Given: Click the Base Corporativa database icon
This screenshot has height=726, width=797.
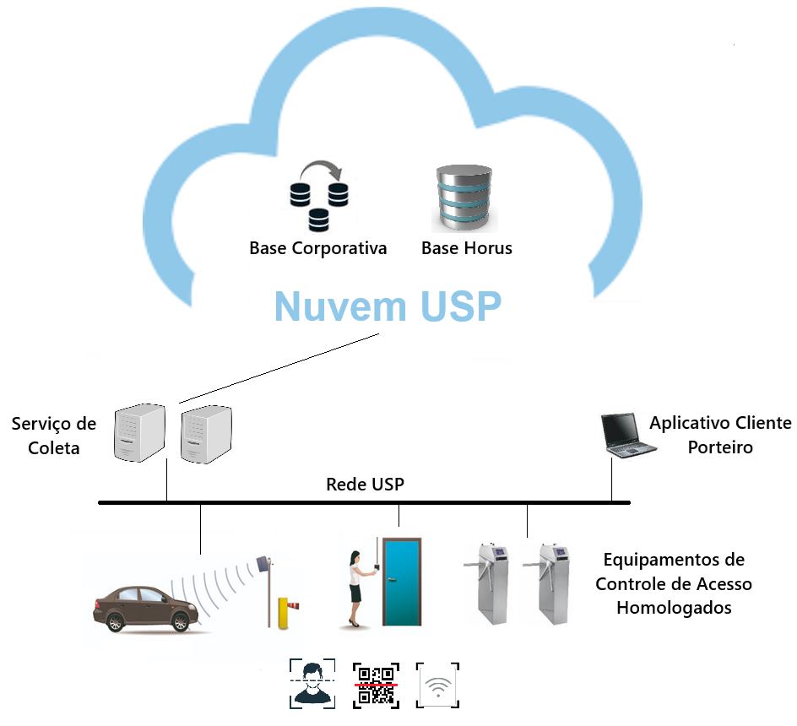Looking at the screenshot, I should click(x=317, y=196).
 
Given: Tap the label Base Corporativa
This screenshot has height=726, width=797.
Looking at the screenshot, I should click(x=317, y=248).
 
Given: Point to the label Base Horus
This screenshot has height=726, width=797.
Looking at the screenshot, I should click(x=466, y=248).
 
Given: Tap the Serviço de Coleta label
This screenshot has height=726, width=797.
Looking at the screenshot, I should click(x=53, y=436).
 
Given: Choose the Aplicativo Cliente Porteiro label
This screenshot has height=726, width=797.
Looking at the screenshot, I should click(x=719, y=435).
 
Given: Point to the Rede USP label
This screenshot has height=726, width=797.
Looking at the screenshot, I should click(x=365, y=485).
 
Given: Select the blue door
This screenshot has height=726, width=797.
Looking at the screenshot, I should click(x=400, y=582).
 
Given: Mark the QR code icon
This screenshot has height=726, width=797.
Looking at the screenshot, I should click(x=375, y=685).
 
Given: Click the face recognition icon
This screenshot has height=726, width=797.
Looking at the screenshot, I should click(x=312, y=683).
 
